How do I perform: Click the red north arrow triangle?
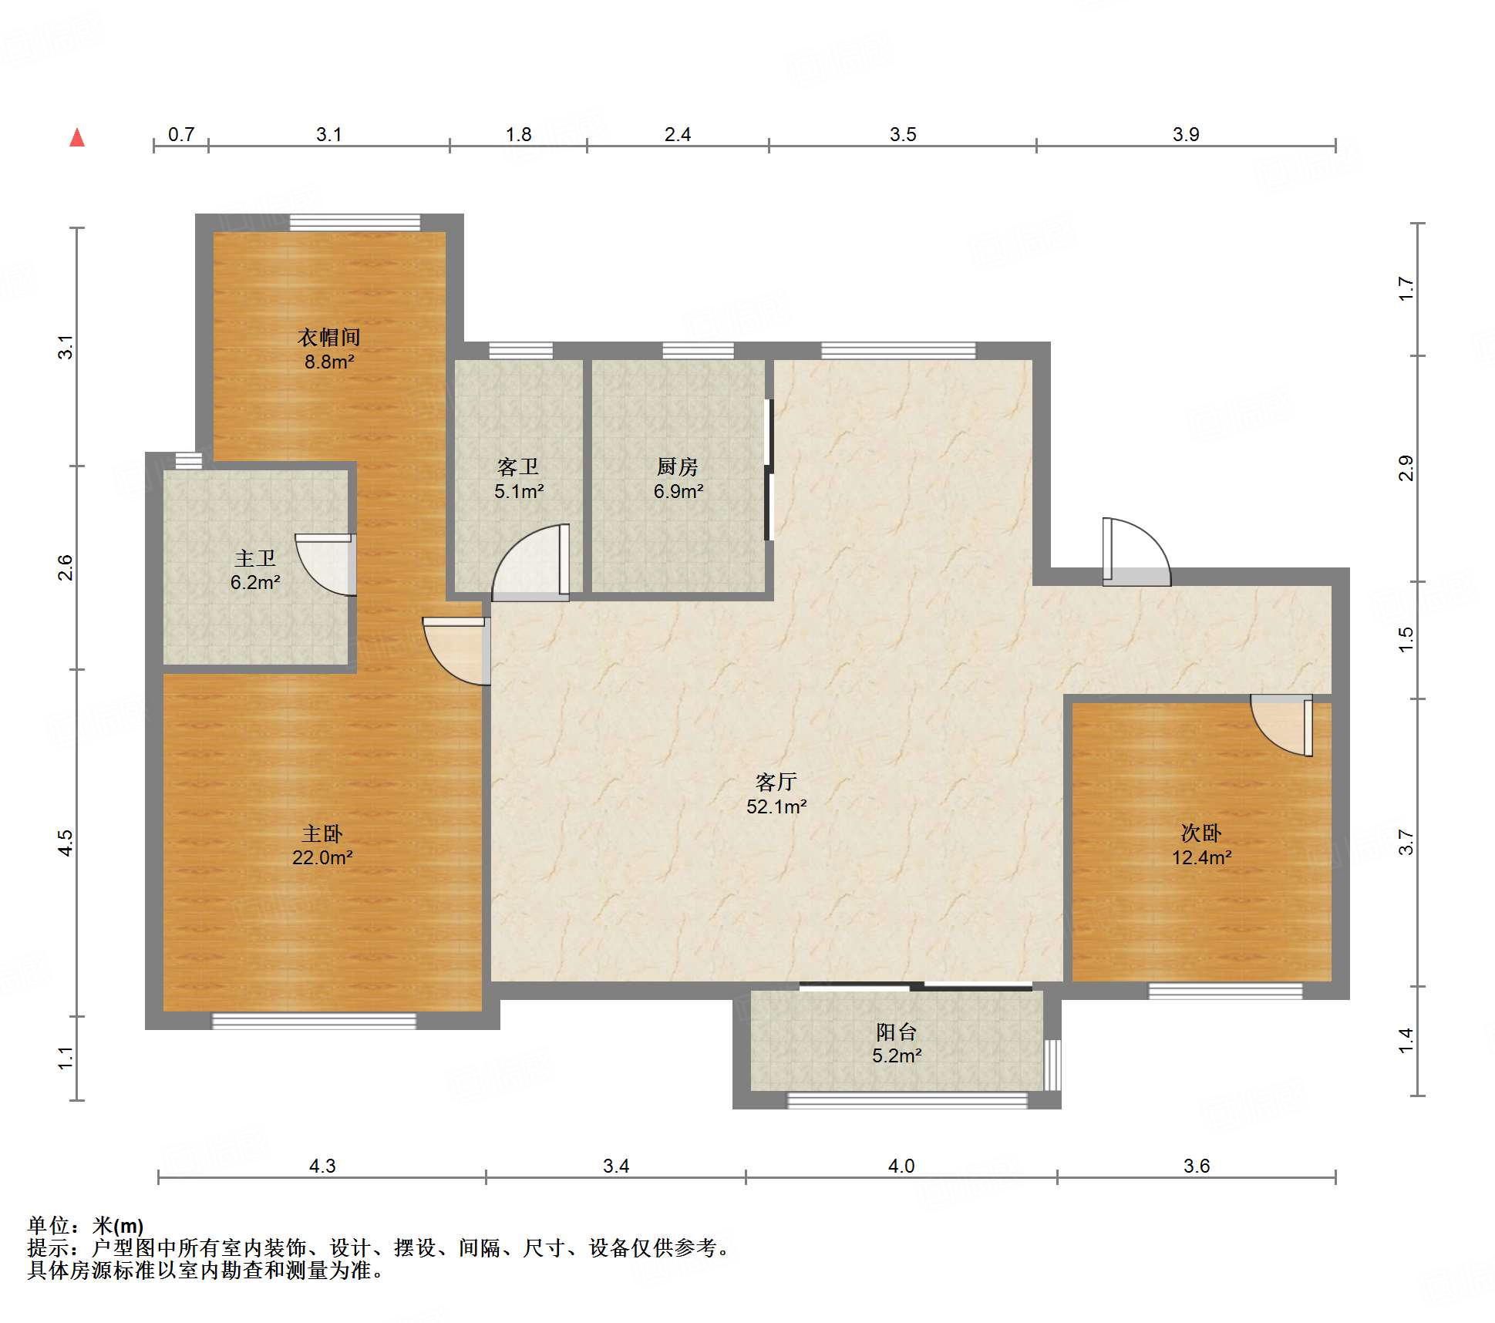[x=77, y=137]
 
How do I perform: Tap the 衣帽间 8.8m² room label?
[x=329, y=349]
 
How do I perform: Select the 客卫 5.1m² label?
[x=519, y=479]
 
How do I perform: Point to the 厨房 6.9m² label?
[x=678, y=479]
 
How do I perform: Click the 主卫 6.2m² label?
[x=255, y=570]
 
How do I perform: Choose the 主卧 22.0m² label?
[x=322, y=845]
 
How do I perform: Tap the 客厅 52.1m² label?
[x=776, y=794]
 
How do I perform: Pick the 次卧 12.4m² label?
[x=1201, y=845]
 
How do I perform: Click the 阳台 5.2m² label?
[x=897, y=1043]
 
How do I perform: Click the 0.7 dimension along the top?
[x=181, y=134]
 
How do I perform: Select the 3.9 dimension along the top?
[x=1186, y=134]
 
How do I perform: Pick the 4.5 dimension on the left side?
[x=66, y=843]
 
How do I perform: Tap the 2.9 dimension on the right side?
[x=1406, y=468]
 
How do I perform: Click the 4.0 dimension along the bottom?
[x=901, y=1166]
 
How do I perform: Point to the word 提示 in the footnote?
[x=48, y=1247]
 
